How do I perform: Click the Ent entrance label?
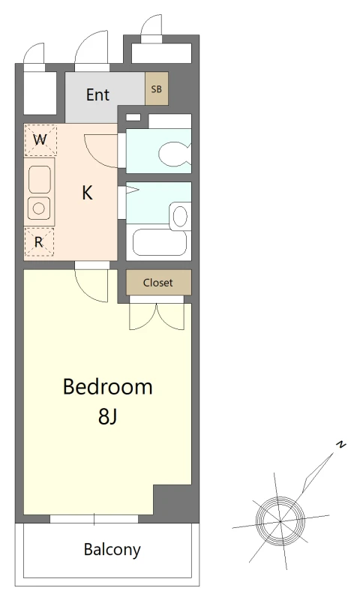click(x=97, y=94)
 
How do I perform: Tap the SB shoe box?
click(x=157, y=88)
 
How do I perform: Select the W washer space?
click(x=40, y=139)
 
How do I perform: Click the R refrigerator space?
click(x=39, y=241)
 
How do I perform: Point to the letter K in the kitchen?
click(x=87, y=193)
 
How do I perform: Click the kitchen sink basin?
click(x=40, y=179)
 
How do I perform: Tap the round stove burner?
click(x=39, y=208)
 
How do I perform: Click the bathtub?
click(x=159, y=242)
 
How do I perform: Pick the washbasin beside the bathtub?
click(x=180, y=216)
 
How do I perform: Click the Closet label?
click(x=158, y=283)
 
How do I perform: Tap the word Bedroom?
click(x=107, y=386)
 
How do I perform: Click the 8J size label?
click(x=107, y=416)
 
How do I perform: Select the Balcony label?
click(x=112, y=550)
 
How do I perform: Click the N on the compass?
click(x=340, y=444)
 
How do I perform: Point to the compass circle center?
click(x=280, y=521)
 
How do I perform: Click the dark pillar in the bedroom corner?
click(x=172, y=499)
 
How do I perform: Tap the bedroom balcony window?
click(x=94, y=519)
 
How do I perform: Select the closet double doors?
click(x=157, y=316)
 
